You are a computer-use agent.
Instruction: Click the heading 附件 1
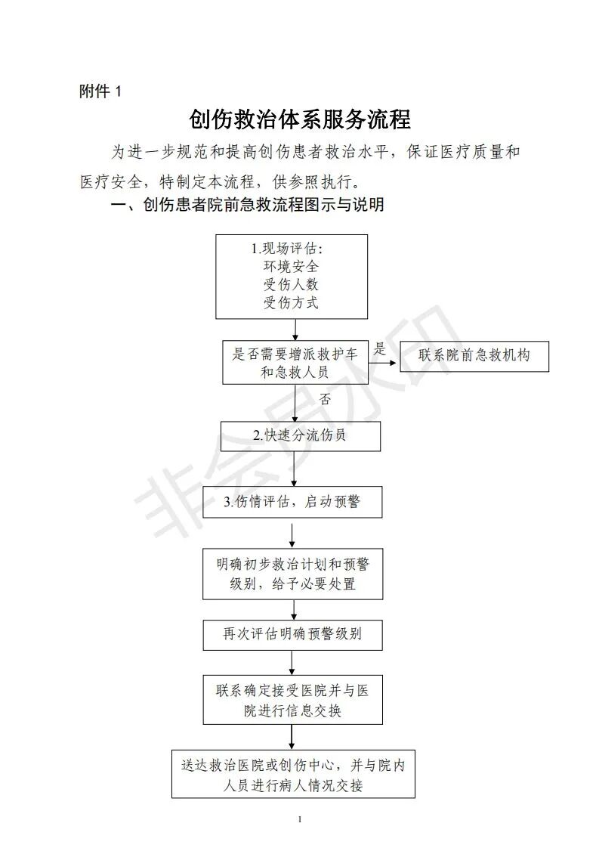coord(100,91)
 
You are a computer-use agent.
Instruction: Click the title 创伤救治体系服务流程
coord(300,120)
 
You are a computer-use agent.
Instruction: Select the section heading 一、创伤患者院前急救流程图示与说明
coord(247,205)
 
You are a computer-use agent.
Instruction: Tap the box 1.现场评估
coord(292,276)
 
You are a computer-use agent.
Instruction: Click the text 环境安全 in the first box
coord(291,267)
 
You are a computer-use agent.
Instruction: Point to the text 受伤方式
coord(291,303)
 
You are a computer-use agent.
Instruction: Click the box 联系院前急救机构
coord(474,356)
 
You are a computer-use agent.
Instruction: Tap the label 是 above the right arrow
coord(380,348)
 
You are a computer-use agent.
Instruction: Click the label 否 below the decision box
coord(325,398)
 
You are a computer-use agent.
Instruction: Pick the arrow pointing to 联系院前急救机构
coord(383,362)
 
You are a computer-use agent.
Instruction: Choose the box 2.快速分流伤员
coord(300,436)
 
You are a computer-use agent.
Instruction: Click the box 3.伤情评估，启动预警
coord(292,502)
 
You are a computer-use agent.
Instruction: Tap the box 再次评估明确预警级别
coord(292,634)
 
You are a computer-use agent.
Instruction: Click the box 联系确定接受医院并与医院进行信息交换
coord(292,701)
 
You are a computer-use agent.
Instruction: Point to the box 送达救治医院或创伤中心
coord(293,775)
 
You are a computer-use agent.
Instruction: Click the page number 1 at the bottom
coord(300,819)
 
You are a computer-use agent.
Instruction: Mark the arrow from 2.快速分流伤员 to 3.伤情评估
coord(294,469)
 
